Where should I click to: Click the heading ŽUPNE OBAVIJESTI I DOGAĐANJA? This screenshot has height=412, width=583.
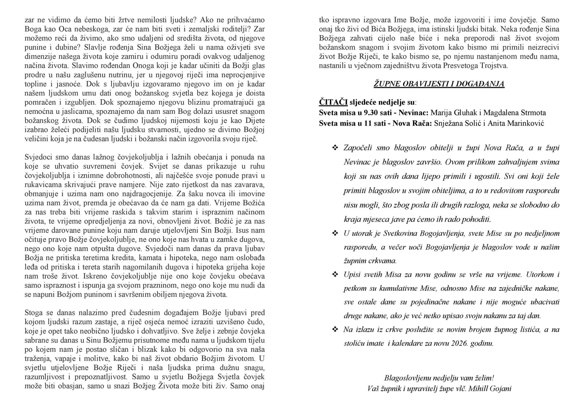coord(439,84)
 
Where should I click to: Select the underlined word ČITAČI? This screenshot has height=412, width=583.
coord(333,102)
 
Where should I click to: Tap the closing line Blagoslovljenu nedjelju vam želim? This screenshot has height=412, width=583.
coord(439,378)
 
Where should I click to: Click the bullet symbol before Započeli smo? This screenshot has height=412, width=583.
coord(335,148)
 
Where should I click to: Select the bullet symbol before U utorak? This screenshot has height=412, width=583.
coord(335,233)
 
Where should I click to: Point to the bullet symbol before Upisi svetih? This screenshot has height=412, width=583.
coord(335,274)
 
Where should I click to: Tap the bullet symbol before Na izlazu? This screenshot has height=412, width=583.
coord(335,330)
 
